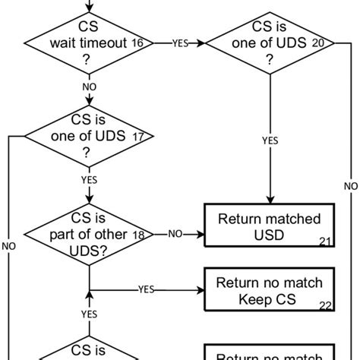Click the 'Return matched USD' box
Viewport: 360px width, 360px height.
point(270,226)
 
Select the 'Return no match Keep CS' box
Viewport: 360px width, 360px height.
point(270,292)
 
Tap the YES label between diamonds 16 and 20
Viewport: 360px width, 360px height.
point(180,43)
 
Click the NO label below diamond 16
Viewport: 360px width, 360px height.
point(90,87)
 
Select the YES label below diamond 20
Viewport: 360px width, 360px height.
point(270,140)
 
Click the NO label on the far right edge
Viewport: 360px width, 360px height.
point(350,185)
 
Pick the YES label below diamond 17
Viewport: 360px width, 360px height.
point(90,181)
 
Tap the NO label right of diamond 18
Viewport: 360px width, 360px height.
point(174,235)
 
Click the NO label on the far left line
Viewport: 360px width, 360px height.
point(8,246)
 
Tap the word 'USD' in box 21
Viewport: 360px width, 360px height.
point(270,235)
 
